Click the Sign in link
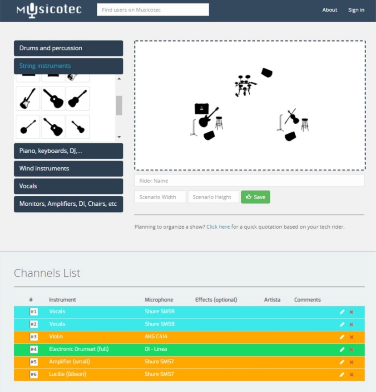(x=356, y=10)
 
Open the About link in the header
(x=330, y=10)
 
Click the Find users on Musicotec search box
(x=153, y=10)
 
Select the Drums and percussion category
(x=69, y=48)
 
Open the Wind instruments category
(x=69, y=169)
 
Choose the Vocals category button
(x=69, y=186)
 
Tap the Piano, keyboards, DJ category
(x=69, y=151)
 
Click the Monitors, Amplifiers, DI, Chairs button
(x=69, y=204)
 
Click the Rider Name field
(x=249, y=181)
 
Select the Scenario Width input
(x=160, y=197)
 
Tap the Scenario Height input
(x=213, y=197)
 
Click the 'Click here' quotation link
(x=218, y=227)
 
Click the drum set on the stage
(x=245, y=86)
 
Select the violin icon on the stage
(x=292, y=116)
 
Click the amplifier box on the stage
(x=202, y=109)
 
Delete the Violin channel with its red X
(x=351, y=337)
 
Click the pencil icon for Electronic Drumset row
(x=342, y=349)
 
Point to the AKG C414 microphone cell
(x=156, y=337)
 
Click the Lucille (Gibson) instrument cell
(x=67, y=374)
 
